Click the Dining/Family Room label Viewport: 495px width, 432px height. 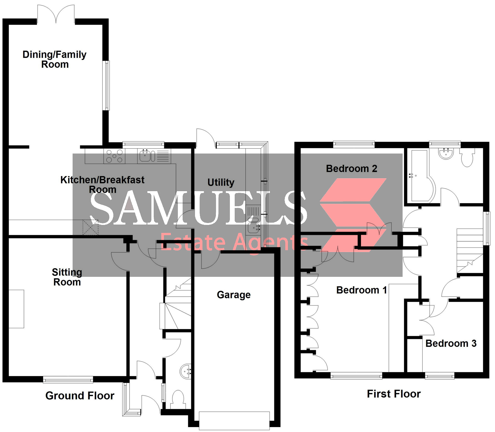click(54, 59)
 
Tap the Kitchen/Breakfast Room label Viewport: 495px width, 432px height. click(102, 185)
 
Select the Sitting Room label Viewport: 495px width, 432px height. click(67, 277)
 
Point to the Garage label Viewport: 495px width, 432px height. click(234, 295)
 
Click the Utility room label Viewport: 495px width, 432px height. click(221, 182)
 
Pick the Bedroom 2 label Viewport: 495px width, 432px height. click(351, 169)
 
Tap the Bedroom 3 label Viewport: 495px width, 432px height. click(451, 344)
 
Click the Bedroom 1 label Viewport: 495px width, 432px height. click(362, 290)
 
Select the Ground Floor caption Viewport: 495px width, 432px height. click(80, 396)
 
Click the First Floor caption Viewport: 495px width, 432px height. click(394, 394)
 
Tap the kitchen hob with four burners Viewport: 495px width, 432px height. click(114, 156)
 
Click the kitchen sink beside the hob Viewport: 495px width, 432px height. click(145, 156)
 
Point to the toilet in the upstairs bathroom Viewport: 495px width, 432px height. click(467, 158)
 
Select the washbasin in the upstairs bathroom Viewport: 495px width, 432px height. click(446, 154)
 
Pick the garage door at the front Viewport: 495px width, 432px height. click(234, 420)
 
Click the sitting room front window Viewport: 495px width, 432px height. click(68, 380)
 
